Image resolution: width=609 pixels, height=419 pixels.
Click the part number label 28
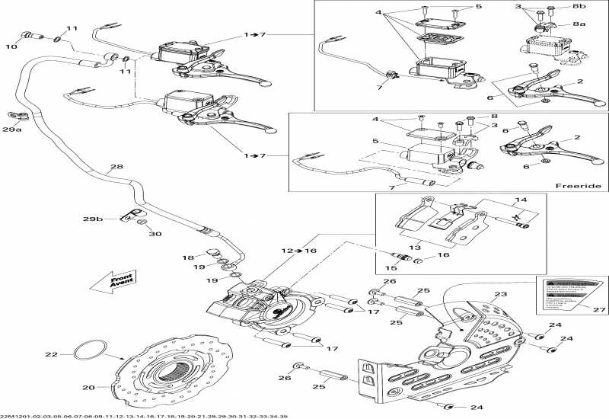(x=116, y=168)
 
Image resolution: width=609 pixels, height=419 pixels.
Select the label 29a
(x=11, y=131)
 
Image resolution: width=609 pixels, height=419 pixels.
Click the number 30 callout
(x=155, y=234)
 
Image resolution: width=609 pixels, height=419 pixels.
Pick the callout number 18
(x=187, y=258)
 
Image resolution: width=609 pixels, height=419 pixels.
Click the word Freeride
(x=578, y=186)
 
